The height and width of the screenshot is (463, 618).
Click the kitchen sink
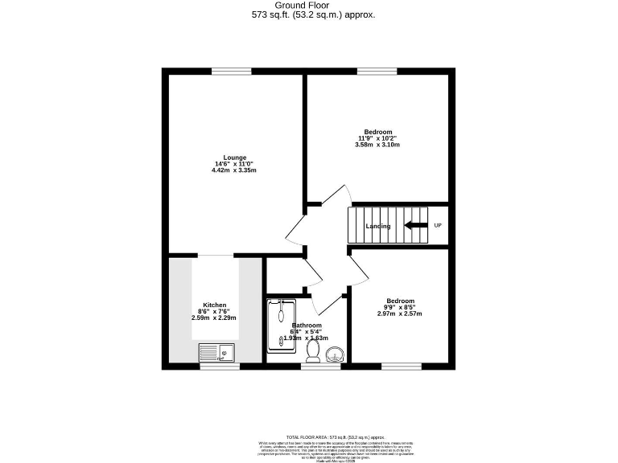click(x=216, y=351)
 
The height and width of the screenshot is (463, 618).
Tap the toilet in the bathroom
click(x=312, y=350)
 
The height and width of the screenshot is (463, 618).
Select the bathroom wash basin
click(x=335, y=351)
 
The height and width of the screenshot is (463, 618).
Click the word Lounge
click(x=235, y=158)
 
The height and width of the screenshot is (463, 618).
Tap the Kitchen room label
click(x=214, y=305)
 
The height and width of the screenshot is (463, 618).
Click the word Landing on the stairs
click(x=378, y=226)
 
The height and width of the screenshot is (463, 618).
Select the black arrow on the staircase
click(x=416, y=226)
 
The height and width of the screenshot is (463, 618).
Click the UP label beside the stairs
click(x=438, y=225)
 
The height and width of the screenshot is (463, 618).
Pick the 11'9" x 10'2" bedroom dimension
click(x=377, y=138)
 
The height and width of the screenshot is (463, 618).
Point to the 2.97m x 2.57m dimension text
click(x=400, y=313)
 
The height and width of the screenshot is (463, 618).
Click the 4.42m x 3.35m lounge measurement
click(x=235, y=170)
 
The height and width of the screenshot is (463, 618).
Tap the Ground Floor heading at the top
click(x=308, y=6)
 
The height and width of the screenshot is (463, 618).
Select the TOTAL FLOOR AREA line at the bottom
click(x=308, y=437)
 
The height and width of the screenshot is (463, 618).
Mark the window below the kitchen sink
click(x=220, y=367)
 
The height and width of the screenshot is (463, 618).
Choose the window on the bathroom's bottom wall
click(x=321, y=367)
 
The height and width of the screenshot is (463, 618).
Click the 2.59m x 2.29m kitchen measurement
click(x=214, y=318)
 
